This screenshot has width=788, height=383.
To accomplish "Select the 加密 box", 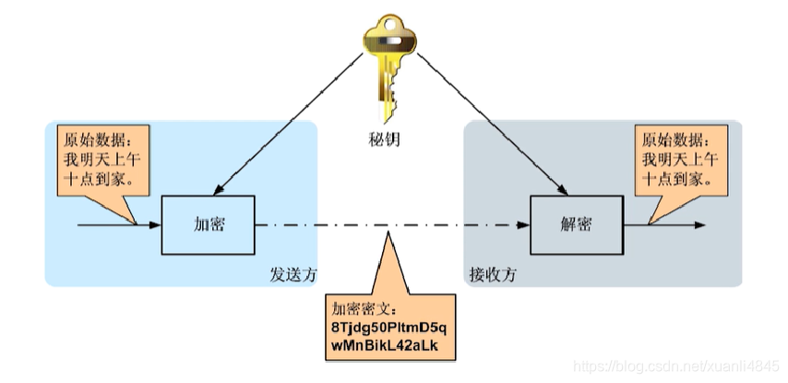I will pyautogui.click(x=209, y=224).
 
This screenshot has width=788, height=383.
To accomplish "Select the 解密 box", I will pyautogui.click(x=576, y=224).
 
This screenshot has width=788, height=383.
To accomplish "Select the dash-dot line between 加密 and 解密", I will pyautogui.click(x=388, y=224).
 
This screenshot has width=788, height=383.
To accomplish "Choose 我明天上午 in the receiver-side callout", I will pyautogui.click(x=677, y=162).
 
